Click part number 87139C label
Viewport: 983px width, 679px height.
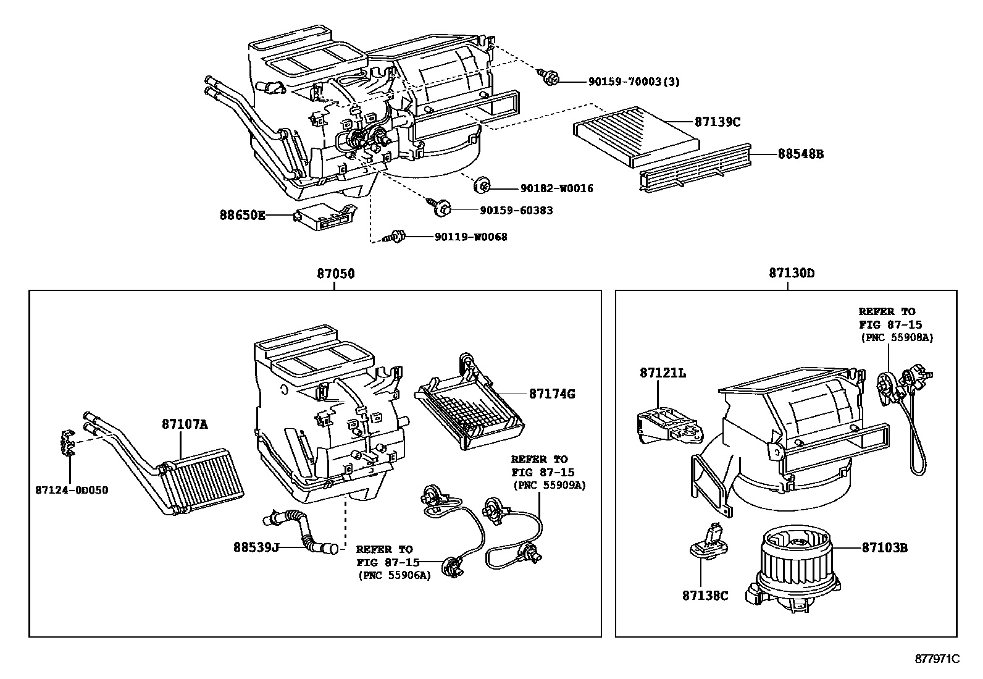(x=717, y=122)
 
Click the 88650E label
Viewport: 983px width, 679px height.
(x=242, y=215)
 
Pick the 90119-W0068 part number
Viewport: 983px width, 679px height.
(x=471, y=237)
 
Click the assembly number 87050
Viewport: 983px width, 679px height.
(x=337, y=273)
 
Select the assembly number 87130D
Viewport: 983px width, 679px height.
(x=792, y=273)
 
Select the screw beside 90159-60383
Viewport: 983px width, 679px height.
(x=440, y=208)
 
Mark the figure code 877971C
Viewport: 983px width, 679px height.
(x=937, y=659)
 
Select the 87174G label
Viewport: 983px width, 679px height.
(x=551, y=393)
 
